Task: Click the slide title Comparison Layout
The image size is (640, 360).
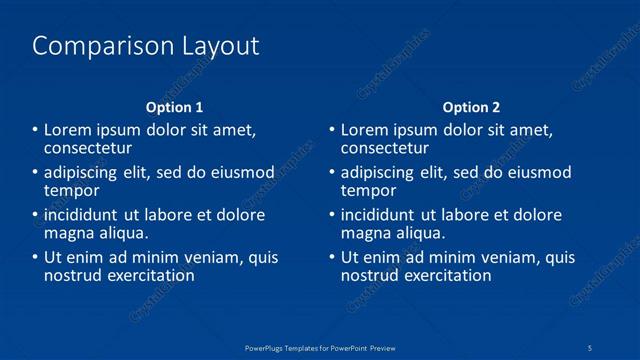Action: point(146,46)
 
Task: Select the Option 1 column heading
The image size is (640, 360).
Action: point(174,107)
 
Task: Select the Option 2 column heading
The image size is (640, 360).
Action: point(472,107)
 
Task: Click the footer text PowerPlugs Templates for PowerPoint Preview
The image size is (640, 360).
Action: point(320,346)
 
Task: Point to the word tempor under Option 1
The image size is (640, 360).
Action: point(72,191)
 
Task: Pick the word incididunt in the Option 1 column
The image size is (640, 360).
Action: point(85,215)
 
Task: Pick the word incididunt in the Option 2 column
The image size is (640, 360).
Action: point(383,215)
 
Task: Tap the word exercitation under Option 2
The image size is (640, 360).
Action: point(447,275)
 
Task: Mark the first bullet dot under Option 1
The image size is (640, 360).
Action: point(34,131)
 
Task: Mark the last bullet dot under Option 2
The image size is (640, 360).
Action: point(332,257)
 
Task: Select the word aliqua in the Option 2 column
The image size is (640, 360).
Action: point(419,233)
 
